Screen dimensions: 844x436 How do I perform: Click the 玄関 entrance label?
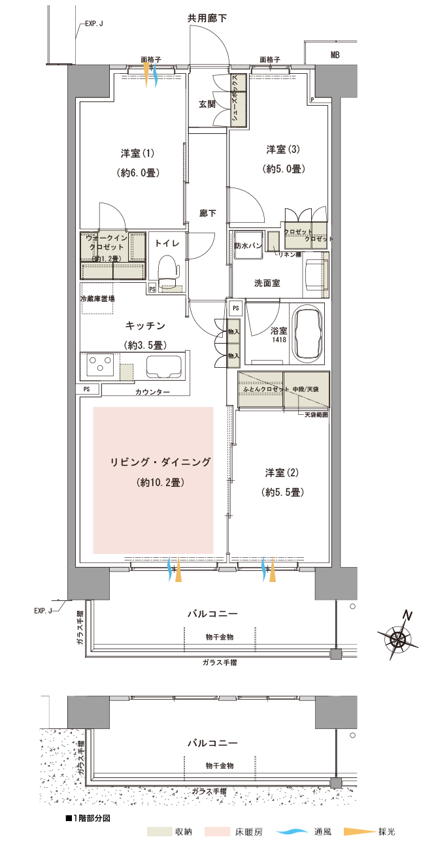207,105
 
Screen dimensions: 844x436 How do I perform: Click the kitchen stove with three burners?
99,365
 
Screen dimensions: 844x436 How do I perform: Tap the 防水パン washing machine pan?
248,246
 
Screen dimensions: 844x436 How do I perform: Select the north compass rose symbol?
399,636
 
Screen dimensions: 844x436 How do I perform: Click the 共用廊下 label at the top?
207,18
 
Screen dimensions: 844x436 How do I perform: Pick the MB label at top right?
335,56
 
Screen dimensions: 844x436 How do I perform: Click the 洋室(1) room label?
137,154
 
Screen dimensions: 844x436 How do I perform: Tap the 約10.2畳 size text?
159,483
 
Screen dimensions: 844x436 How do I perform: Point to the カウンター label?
152,392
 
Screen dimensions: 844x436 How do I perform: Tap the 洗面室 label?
267,283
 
